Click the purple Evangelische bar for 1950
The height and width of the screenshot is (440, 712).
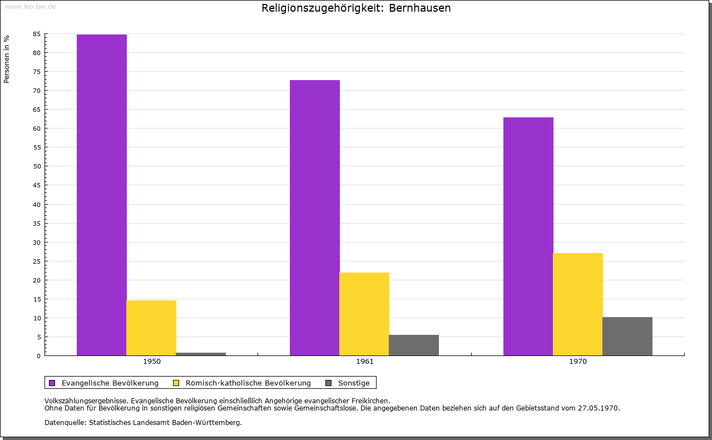(102, 195)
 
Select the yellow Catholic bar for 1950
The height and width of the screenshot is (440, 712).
(151, 328)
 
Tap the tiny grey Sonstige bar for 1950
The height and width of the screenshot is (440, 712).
(201, 354)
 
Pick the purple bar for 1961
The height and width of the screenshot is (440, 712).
(315, 217)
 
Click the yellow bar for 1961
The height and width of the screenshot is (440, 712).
(364, 314)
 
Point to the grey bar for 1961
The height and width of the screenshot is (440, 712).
(414, 345)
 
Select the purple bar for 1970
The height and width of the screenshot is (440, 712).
(528, 236)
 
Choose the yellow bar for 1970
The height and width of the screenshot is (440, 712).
(578, 304)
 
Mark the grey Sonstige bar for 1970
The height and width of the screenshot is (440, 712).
(627, 336)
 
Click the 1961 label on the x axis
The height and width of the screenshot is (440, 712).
(365, 362)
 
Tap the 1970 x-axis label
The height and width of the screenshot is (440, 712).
(578, 362)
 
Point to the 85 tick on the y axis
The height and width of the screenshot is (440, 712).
(37, 34)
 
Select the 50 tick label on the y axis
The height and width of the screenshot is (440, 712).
(37, 166)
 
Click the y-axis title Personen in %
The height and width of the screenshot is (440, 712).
(7, 59)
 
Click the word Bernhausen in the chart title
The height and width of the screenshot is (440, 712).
(420, 8)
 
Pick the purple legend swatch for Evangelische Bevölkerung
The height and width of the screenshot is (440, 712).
(52, 383)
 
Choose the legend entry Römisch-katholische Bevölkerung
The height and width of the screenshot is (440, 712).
(248, 383)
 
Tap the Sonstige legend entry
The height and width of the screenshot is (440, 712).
(354, 383)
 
